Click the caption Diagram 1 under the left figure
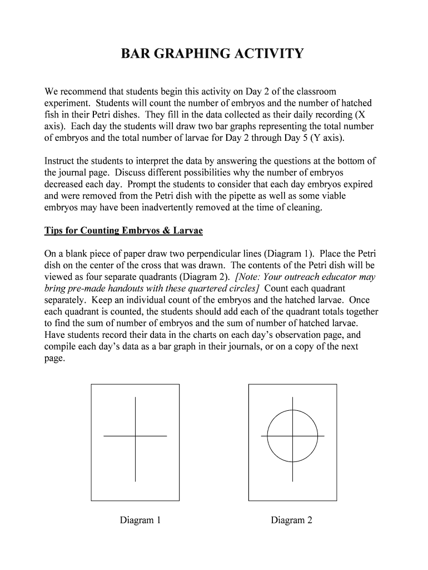pyautogui.click(x=141, y=520)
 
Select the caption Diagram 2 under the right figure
pyautogui.click(x=292, y=520)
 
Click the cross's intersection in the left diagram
pyautogui.click(x=136, y=436)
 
